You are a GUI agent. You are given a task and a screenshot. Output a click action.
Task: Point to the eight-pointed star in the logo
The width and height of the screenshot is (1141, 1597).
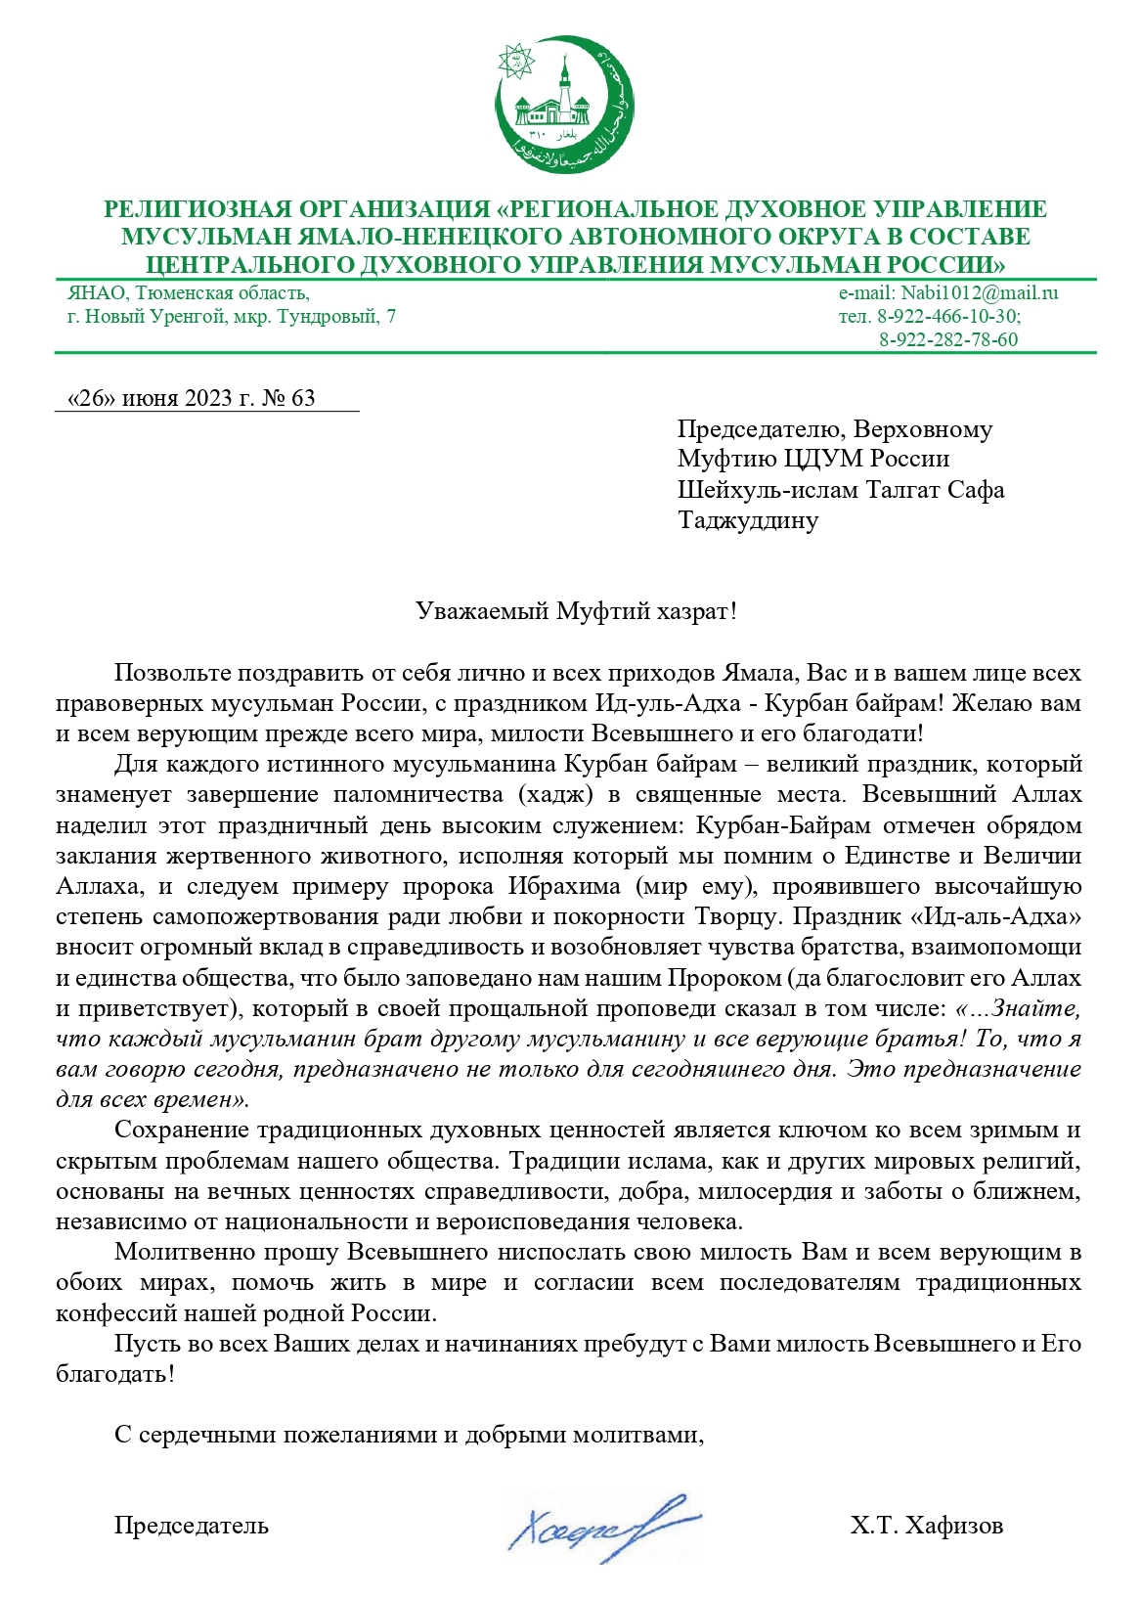point(514,60)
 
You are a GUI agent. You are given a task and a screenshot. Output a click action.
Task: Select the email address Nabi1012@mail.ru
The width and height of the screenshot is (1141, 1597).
point(980,292)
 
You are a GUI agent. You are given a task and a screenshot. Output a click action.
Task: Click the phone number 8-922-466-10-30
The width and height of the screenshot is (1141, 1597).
point(947,316)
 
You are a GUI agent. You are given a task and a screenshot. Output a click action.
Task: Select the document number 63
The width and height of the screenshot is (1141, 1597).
point(303,398)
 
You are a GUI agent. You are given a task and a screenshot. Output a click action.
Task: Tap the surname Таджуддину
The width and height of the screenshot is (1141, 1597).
point(748,519)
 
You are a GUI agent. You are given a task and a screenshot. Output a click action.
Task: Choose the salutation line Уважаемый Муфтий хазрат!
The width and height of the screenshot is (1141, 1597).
point(575,612)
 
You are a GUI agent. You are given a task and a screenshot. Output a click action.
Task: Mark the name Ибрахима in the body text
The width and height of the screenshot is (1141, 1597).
point(564,886)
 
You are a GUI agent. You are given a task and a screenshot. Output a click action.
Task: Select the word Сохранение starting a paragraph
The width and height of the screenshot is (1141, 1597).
point(181,1130)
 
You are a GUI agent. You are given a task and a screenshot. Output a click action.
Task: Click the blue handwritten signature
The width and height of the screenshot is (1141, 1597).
point(601,1526)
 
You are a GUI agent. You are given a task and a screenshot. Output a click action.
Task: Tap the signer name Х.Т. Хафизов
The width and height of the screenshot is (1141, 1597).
point(926,1525)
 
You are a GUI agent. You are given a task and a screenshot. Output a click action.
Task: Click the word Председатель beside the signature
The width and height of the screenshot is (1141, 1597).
point(192,1525)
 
